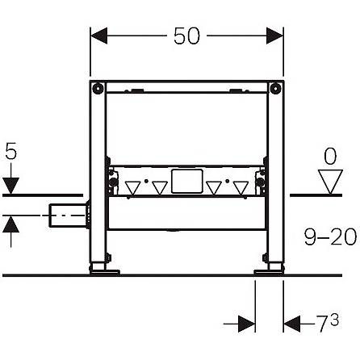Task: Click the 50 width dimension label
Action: pyautogui.click(x=186, y=36)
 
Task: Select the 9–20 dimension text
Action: pyautogui.click(x=330, y=237)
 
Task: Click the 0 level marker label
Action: pyautogui.click(x=330, y=157)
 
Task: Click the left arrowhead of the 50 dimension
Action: pyautogui.click(x=99, y=36)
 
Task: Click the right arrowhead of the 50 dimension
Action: pyautogui.click(x=274, y=36)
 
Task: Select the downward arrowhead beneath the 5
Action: pyautogui.click(x=11, y=186)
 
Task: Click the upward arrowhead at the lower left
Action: pyautogui.click(x=11, y=224)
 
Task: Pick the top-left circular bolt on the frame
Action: pyautogui.click(x=97, y=88)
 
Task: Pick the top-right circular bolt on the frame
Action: pyautogui.click(x=275, y=88)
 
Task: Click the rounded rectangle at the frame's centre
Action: pyautogui.click(x=186, y=181)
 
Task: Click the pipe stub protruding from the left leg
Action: pyautogui.click(x=68, y=216)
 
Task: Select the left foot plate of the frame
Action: pyautogui.click(x=105, y=273)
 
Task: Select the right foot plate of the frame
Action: pyautogui.click(x=268, y=273)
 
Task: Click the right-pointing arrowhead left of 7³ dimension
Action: pyautogui.click(x=247, y=324)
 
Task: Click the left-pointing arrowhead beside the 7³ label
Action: pyautogui.click(x=292, y=324)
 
